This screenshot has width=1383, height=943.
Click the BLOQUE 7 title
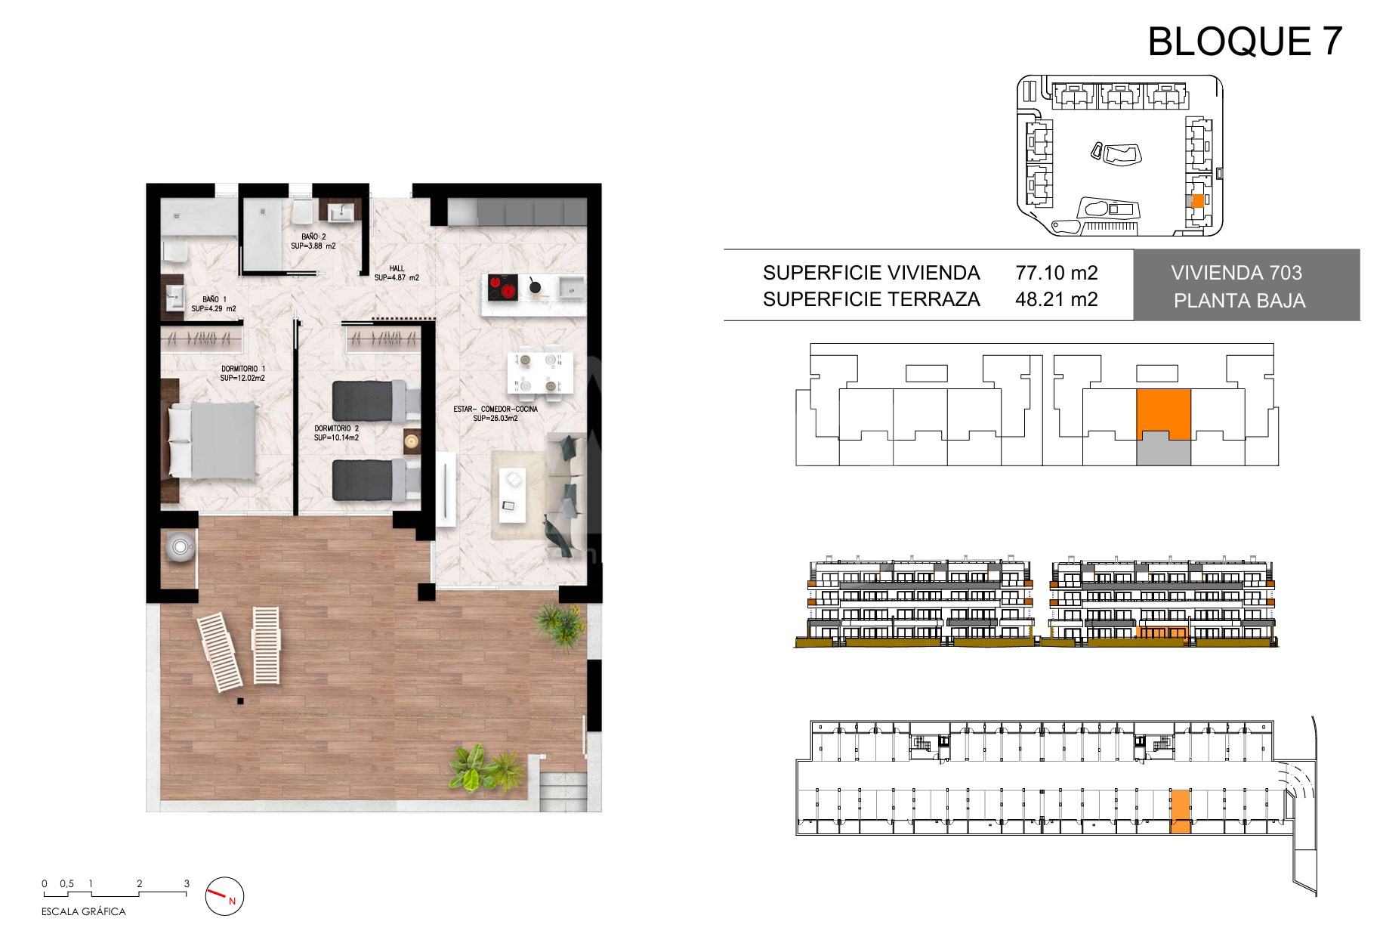point(1245,42)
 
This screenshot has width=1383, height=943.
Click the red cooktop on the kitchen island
point(502,287)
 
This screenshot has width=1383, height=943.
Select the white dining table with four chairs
point(539,373)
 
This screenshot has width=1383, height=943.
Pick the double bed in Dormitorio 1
point(214,441)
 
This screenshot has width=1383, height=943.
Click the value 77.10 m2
point(1057,273)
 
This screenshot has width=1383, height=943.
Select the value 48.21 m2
point(1057,299)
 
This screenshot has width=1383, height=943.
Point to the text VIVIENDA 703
point(1236,273)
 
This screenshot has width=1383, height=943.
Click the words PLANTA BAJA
point(1239,301)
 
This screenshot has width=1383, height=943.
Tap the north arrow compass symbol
point(225,897)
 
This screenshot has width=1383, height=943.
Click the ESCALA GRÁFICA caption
point(84,912)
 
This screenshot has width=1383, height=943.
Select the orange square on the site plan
point(1197,201)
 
